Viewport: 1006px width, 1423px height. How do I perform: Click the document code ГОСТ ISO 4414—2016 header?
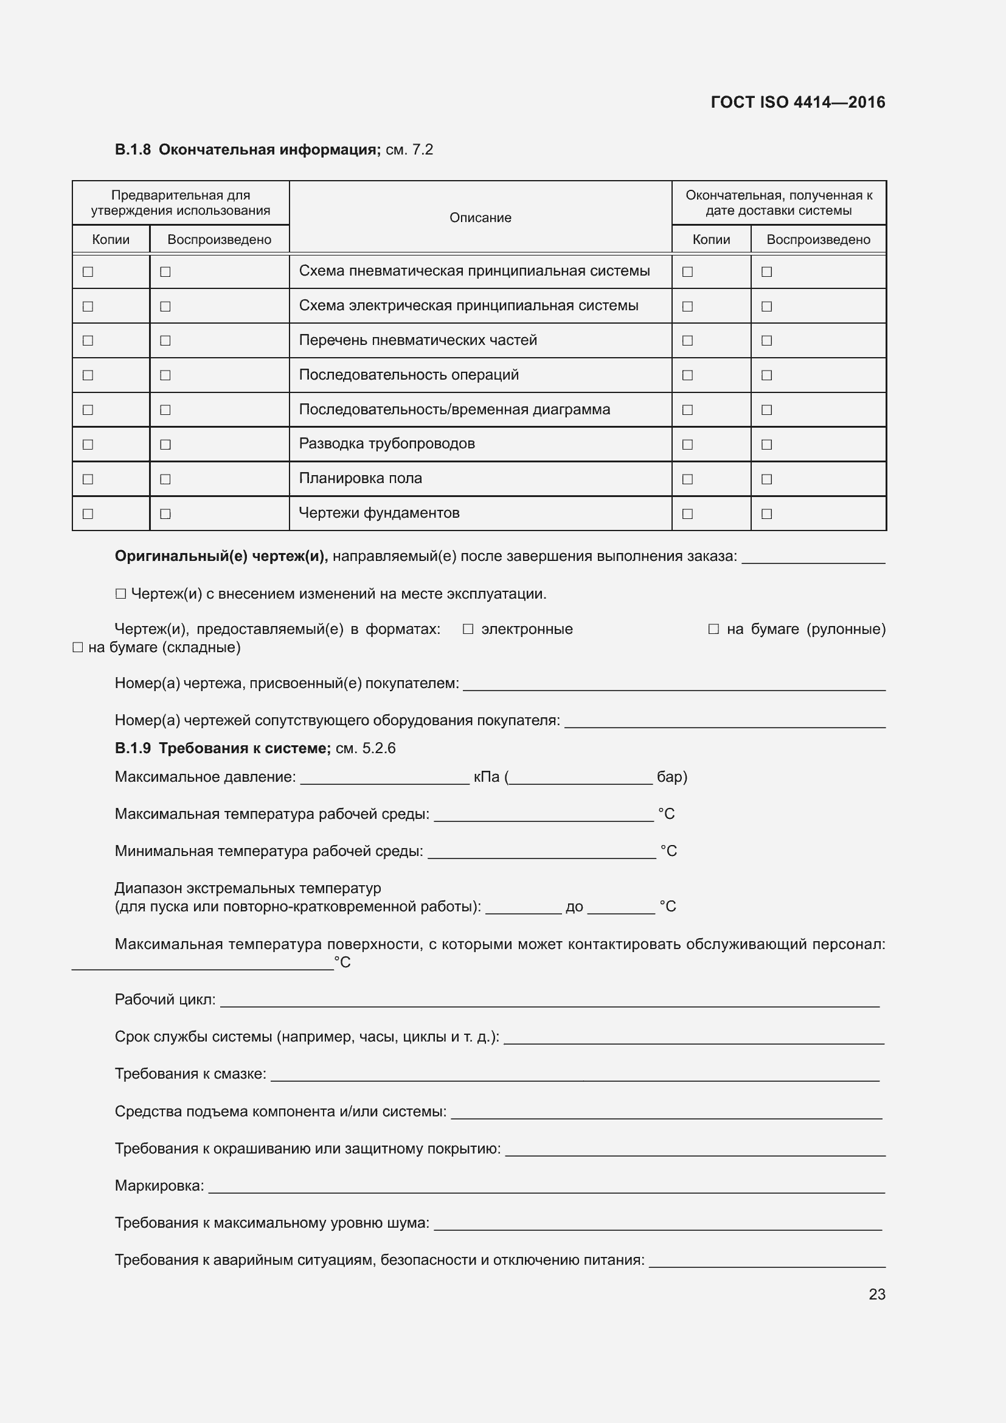point(797,102)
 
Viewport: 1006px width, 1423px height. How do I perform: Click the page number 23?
point(876,1293)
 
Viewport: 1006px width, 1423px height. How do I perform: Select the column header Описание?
point(480,218)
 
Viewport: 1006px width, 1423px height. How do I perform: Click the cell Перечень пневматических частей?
point(417,340)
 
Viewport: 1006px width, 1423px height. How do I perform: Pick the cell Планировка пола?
point(360,478)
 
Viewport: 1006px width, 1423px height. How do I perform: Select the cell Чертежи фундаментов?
point(378,513)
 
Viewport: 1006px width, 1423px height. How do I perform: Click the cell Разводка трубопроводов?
point(387,444)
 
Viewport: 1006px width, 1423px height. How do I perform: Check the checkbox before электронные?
point(468,629)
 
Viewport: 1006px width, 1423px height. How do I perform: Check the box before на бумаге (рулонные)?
point(713,629)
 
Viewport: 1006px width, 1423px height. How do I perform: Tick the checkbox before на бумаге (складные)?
point(77,648)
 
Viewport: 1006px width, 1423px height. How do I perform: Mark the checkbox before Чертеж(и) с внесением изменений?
point(120,594)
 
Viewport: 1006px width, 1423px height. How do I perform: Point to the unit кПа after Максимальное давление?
point(487,777)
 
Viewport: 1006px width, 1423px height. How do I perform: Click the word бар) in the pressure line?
point(671,777)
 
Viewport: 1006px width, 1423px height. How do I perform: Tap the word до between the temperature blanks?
point(574,906)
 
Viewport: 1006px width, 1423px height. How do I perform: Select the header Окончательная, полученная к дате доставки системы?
point(778,203)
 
